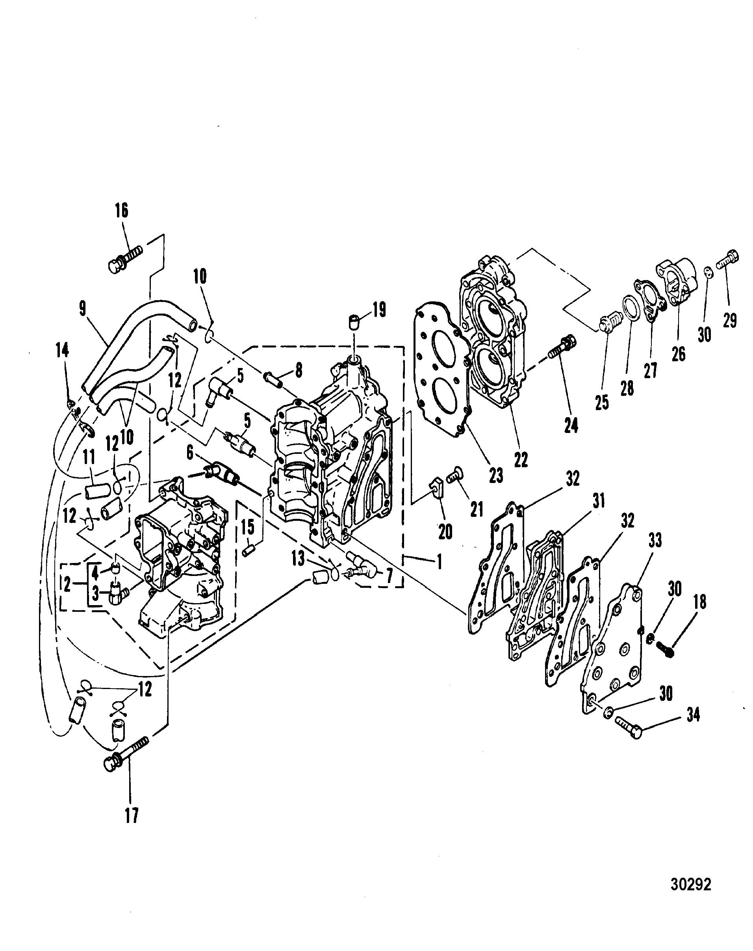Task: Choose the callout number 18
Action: (x=700, y=602)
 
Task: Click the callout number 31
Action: (x=599, y=501)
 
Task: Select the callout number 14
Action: (x=63, y=351)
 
